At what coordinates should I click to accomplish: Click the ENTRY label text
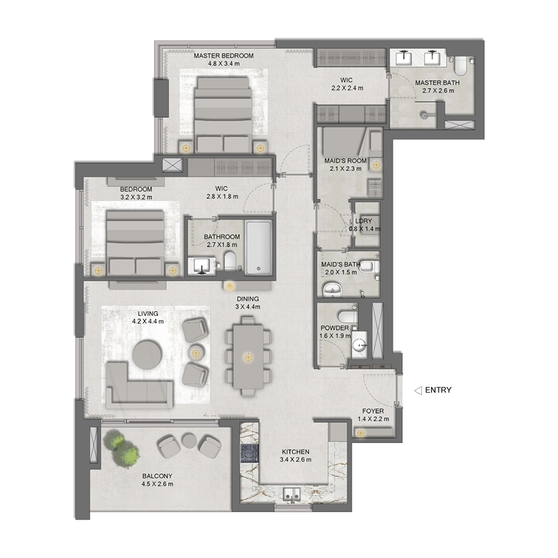click(438, 390)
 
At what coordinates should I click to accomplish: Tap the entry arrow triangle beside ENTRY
click(418, 391)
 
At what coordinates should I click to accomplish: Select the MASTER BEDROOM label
click(223, 56)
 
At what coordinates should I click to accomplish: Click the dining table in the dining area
click(246, 356)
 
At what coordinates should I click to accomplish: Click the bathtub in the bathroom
click(257, 248)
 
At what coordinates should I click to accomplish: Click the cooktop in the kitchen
click(248, 453)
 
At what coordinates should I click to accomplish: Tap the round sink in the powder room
click(361, 345)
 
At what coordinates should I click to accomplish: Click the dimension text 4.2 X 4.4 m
click(148, 322)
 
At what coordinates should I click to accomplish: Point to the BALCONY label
click(158, 476)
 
